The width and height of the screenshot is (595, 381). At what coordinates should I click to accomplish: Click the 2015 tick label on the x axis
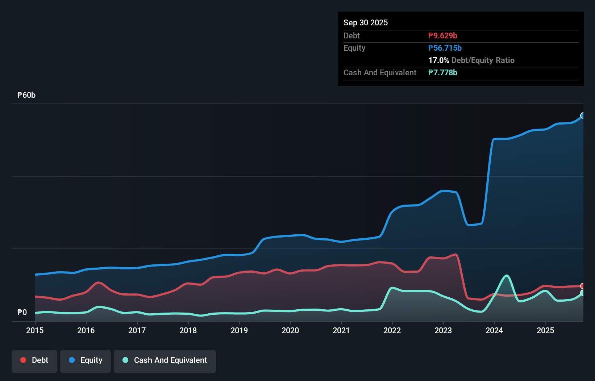pos(35,330)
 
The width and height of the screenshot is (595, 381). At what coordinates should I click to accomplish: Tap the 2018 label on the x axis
pos(188,330)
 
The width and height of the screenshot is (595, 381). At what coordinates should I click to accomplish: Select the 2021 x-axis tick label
pos(341,330)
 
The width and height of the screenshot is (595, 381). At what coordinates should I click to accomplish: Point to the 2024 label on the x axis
pos(494,330)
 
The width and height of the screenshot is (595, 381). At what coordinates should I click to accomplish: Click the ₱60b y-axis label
pos(26,95)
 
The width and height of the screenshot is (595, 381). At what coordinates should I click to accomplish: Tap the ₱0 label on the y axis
pos(22,312)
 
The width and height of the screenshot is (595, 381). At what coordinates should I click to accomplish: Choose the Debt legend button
pos(34,360)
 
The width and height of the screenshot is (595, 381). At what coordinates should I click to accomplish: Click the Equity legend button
pos(86,360)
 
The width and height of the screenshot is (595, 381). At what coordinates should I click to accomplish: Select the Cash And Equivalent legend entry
pos(165,360)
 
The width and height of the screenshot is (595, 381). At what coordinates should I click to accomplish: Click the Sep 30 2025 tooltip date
pos(366,22)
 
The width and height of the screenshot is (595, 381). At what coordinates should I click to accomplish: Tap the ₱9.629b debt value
pos(443,35)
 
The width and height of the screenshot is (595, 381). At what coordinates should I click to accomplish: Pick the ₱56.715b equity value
pos(445,48)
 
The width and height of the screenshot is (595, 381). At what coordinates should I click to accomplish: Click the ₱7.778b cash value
pos(443,72)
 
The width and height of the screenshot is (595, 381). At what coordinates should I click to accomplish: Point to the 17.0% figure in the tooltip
pos(438,60)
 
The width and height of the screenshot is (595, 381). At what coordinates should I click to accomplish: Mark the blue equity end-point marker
pos(583,116)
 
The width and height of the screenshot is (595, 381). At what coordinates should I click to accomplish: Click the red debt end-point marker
pos(583,286)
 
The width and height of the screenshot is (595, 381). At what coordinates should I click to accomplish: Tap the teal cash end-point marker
pos(583,293)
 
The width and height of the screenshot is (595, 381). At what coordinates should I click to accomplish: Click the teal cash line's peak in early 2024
pos(507,276)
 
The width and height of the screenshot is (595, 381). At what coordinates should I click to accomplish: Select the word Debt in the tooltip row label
pos(351,35)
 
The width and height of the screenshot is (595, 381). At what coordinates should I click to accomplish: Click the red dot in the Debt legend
pos(23,360)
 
